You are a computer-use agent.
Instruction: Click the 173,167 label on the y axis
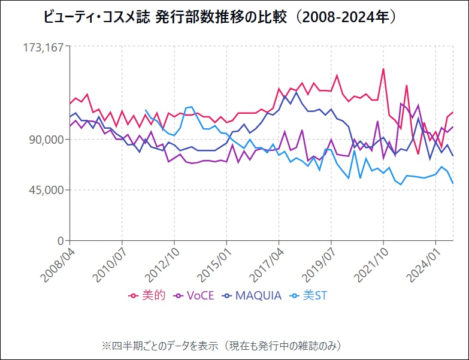(43, 47)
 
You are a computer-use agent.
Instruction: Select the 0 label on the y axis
(60, 241)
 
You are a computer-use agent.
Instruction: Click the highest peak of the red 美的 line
(383, 69)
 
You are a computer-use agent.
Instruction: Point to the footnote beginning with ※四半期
(221, 345)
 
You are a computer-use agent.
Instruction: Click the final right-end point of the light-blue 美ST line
(453, 183)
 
